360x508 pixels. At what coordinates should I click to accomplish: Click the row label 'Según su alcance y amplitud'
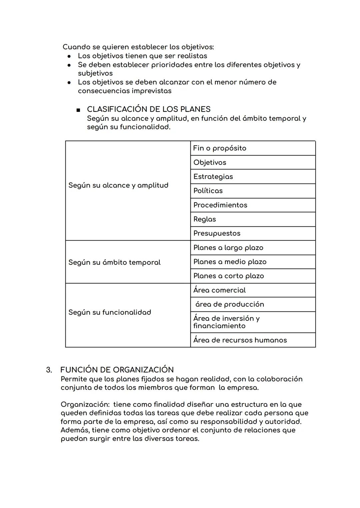118,185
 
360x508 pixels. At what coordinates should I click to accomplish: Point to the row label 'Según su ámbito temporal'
114,262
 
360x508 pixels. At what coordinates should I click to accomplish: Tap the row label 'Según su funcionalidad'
110,312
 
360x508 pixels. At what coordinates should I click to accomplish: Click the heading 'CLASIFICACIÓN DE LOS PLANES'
149,109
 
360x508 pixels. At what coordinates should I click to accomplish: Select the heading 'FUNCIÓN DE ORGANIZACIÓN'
117,370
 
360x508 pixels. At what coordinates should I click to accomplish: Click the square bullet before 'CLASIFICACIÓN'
78,110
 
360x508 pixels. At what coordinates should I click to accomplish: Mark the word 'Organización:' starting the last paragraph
85,405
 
